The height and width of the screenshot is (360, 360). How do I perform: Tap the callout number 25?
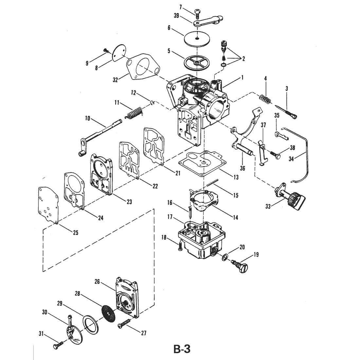click(76, 233)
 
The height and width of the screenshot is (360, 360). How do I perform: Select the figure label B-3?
click(182, 349)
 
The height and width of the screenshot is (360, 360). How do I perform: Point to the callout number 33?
click(268, 207)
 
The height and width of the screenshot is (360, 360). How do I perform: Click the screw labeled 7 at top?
click(197, 13)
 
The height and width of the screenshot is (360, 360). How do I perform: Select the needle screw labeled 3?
click(287, 112)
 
